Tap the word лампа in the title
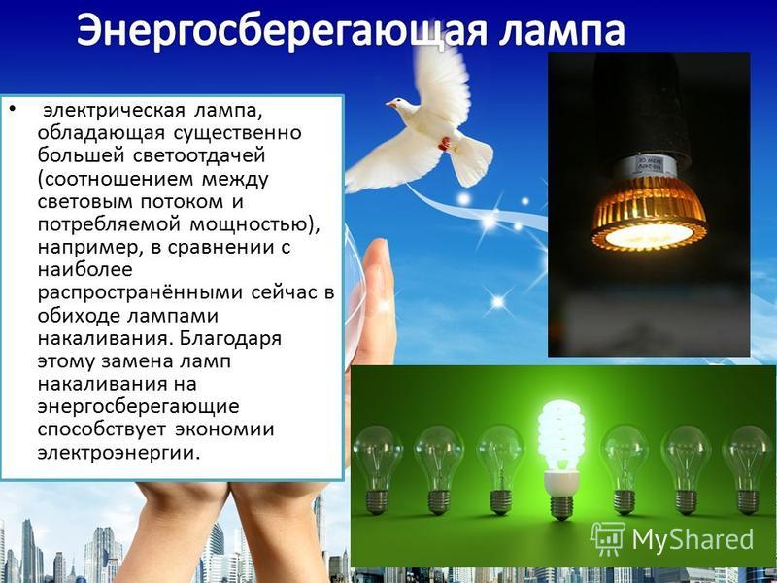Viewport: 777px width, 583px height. click(562, 32)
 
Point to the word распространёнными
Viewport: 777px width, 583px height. click(141, 293)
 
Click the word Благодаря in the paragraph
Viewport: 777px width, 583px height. click(230, 339)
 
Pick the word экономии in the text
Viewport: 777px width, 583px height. click(224, 429)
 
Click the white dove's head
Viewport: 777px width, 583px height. click(400, 105)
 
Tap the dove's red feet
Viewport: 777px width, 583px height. click(445, 143)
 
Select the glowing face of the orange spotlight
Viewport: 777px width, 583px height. click(649, 235)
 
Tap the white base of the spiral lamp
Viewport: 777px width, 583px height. click(561, 482)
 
